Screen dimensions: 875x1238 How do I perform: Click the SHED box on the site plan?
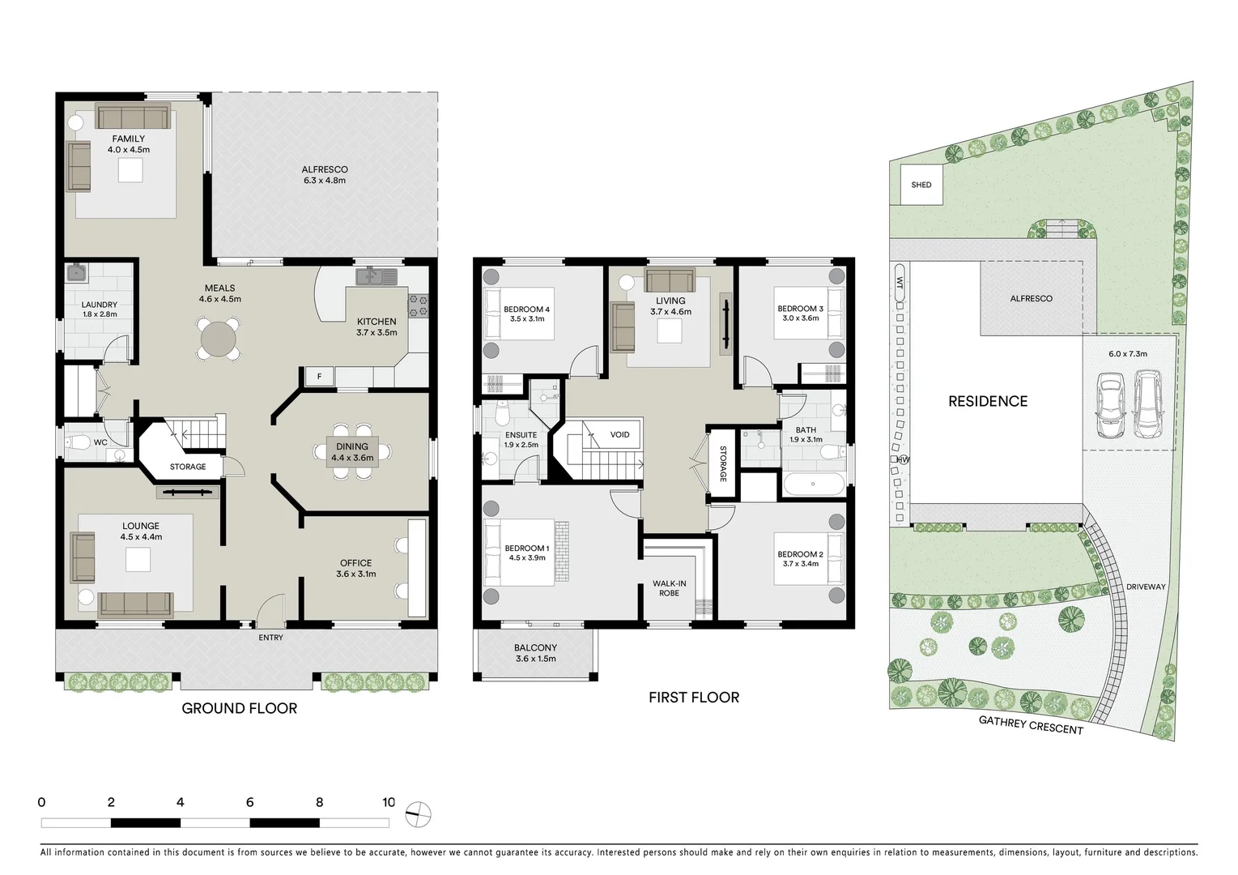[921, 185]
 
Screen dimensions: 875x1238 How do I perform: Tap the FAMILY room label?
[129, 139]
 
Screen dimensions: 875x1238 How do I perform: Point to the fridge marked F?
[319, 376]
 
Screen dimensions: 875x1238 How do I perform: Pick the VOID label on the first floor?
[619, 435]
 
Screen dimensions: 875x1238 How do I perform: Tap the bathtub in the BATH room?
[815, 486]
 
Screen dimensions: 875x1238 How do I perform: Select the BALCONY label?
[535, 648]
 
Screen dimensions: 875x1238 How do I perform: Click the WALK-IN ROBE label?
[669, 587]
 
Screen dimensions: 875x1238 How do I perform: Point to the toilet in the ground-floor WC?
[79, 442]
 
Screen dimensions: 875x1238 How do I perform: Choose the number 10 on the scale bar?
[389, 803]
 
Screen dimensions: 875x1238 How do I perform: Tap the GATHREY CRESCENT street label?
[1031, 724]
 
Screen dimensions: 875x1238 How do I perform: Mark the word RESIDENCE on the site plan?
[988, 401]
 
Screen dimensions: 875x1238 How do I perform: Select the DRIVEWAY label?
[1145, 587]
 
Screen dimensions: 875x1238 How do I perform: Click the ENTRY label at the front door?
[270, 638]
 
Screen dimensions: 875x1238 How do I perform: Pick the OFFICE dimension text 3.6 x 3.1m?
[355, 574]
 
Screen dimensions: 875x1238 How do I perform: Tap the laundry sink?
[77, 273]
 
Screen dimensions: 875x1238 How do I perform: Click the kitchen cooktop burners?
[419, 305]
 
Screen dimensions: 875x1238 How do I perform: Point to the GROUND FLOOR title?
[239, 709]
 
